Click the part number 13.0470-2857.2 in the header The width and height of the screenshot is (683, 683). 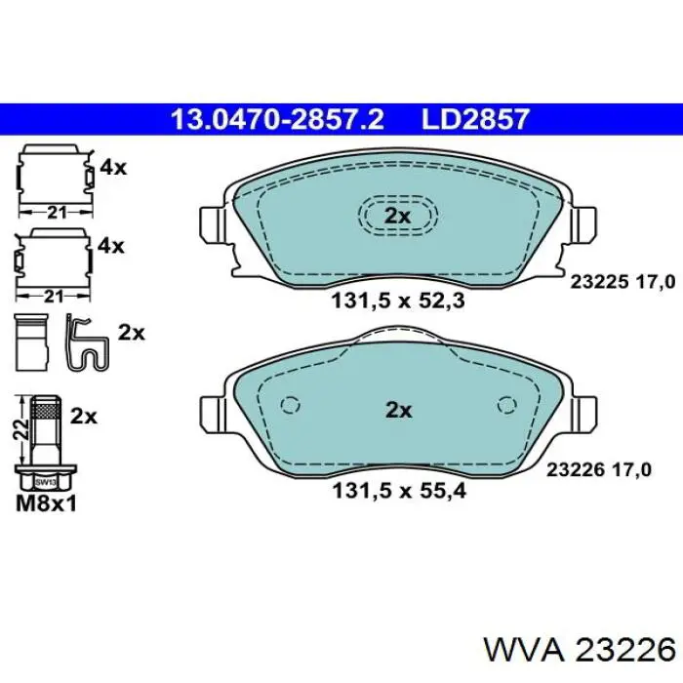[x=277, y=120]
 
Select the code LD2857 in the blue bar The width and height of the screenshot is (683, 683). [x=475, y=120]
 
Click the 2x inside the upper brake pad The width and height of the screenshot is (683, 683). [x=397, y=216]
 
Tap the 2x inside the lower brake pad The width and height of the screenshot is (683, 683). [x=397, y=410]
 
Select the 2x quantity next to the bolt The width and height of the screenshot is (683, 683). [x=84, y=417]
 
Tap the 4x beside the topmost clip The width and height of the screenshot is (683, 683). [x=112, y=167]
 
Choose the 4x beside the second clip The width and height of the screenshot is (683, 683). [x=112, y=246]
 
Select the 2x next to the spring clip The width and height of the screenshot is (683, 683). [x=131, y=332]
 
